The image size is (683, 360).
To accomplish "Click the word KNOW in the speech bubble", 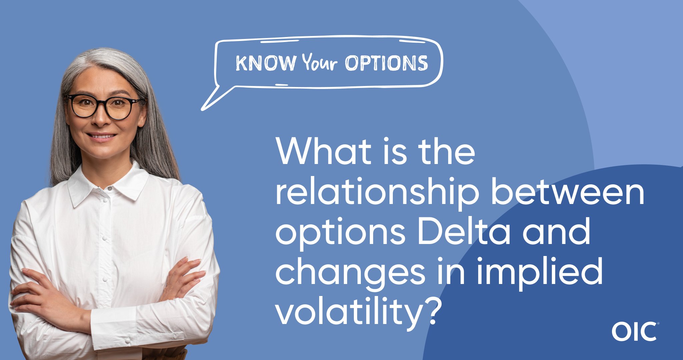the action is coord(266,63).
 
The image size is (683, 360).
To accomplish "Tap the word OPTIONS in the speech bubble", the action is coord(387,63).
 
